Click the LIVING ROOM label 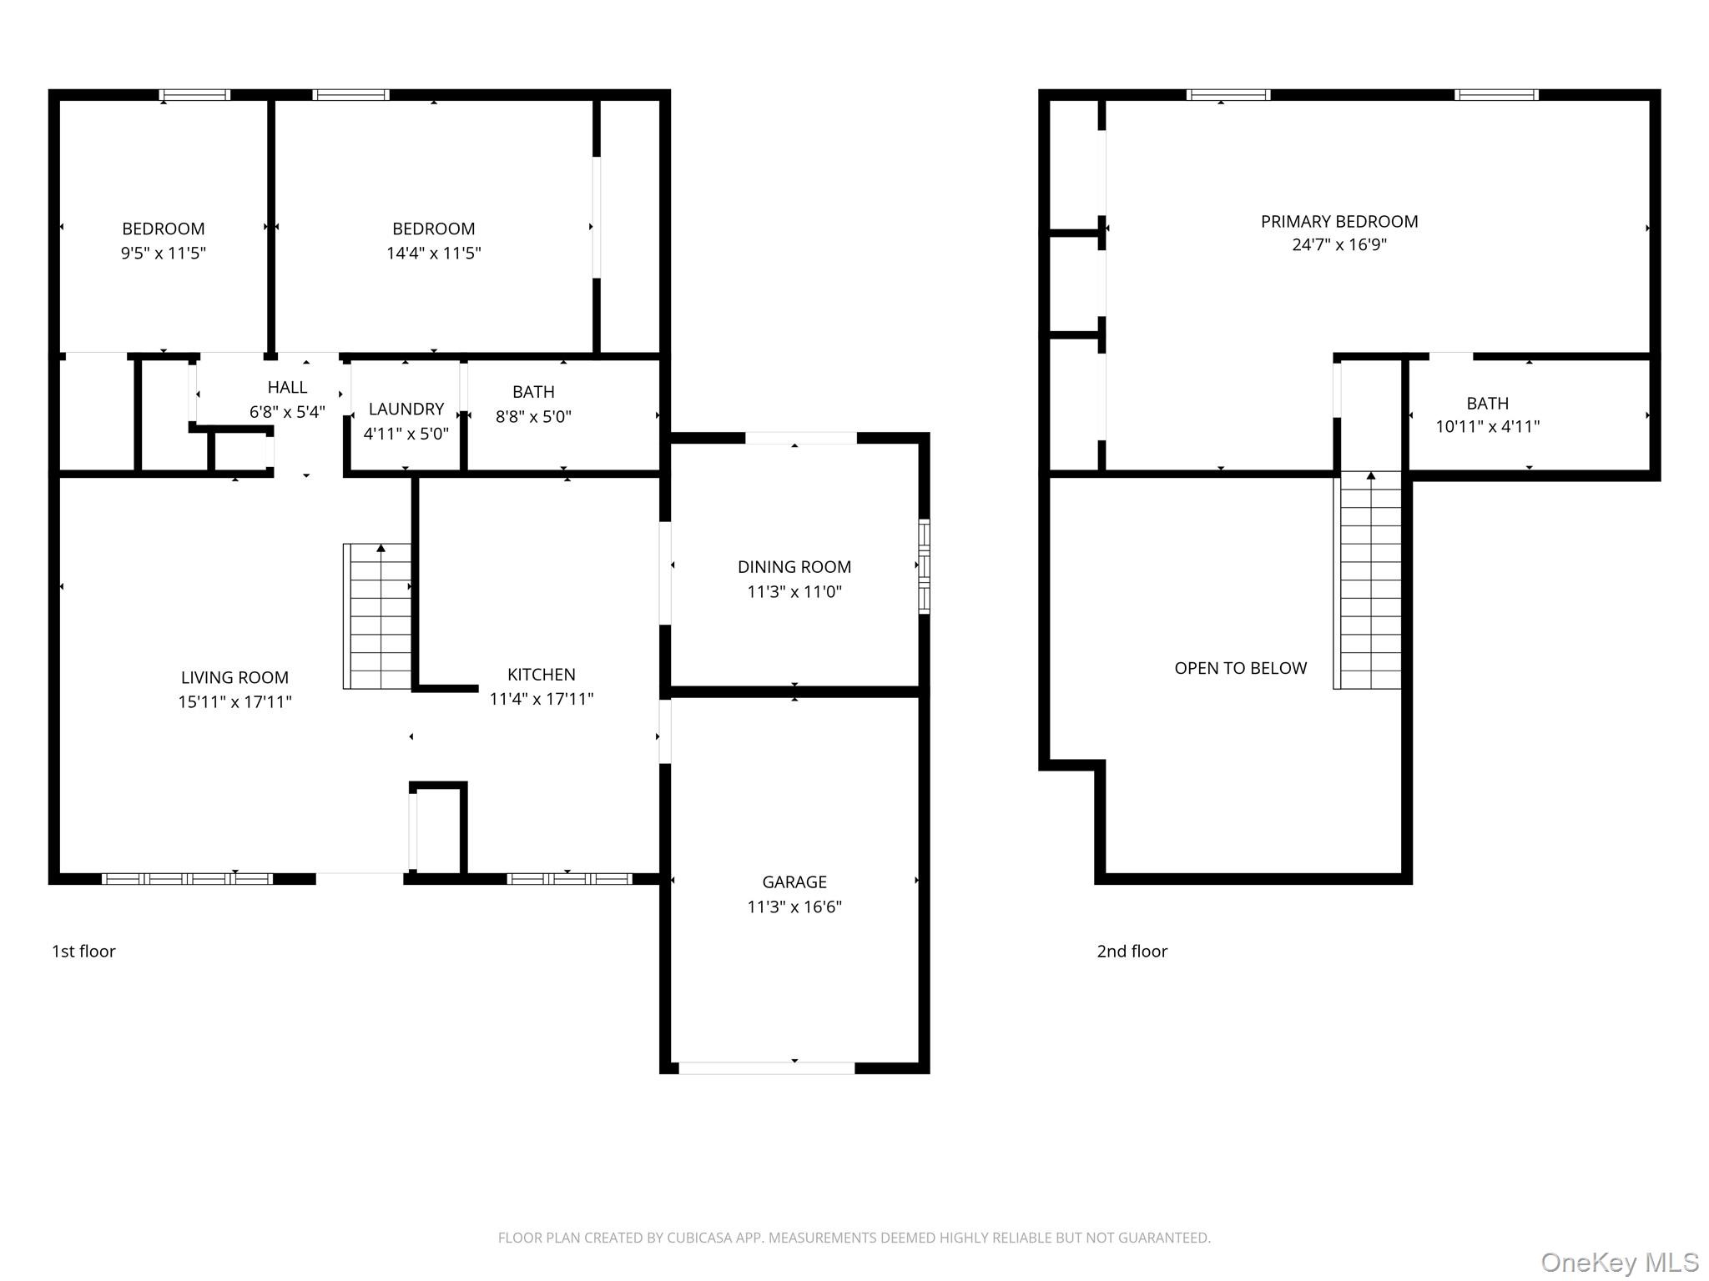[x=234, y=678]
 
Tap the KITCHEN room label [x=542, y=675]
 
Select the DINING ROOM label [x=794, y=567]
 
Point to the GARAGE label [x=794, y=882]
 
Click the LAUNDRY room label [x=406, y=409]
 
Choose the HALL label [x=287, y=388]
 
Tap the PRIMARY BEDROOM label [x=1339, y=222]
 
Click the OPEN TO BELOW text [x=1241, y=668]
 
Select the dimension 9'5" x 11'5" [x=164, y=253]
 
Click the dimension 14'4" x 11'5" [x=434, y=253]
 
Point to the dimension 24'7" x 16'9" [x=1339, y=245]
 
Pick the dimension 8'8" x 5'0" [x=533, y=416]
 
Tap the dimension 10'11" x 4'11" [x=1488, y=427]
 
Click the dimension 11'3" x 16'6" [x=794, y=907]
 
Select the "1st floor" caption [x=83, y=952]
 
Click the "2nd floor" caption [x=1132, y=952]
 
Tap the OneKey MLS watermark [x=1620, y=1263]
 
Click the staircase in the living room [x=377, y=616]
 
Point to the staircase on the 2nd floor [x=1367, y=580]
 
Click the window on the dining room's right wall [x=924, y=566]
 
